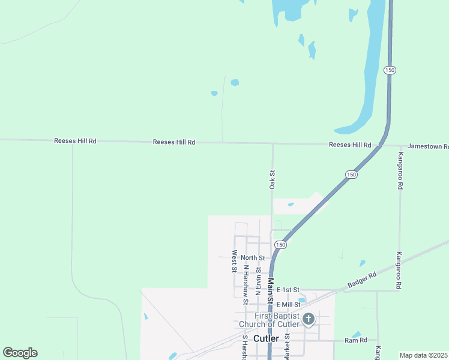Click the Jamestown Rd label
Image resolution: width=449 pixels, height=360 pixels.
click(x=428, y=146)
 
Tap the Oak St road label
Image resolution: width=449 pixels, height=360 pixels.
click(x=272, y=180)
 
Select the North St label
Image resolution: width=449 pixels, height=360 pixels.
click(x=253, y=258)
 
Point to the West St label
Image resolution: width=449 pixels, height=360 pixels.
click(x=234, y=261)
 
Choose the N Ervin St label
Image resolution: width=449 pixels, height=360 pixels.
click(x=258, y=281)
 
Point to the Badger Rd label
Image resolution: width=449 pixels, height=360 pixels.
click(x=364, y=279)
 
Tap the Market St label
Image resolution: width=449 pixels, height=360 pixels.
click(x=287, y=347)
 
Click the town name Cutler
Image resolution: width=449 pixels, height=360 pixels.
click(x=266, y=338)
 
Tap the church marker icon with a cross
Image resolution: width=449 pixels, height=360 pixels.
click(x=309, y=319)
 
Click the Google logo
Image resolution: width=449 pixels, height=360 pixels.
click(x=20, y=353)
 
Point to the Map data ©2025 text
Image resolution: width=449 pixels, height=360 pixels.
click(x=423, y=355)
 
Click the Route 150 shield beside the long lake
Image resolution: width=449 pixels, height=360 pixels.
click(x=390, y=70)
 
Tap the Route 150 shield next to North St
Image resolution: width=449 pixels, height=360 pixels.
click(x=280, y=245)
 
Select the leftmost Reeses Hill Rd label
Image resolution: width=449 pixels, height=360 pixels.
click(x=75, y=141)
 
